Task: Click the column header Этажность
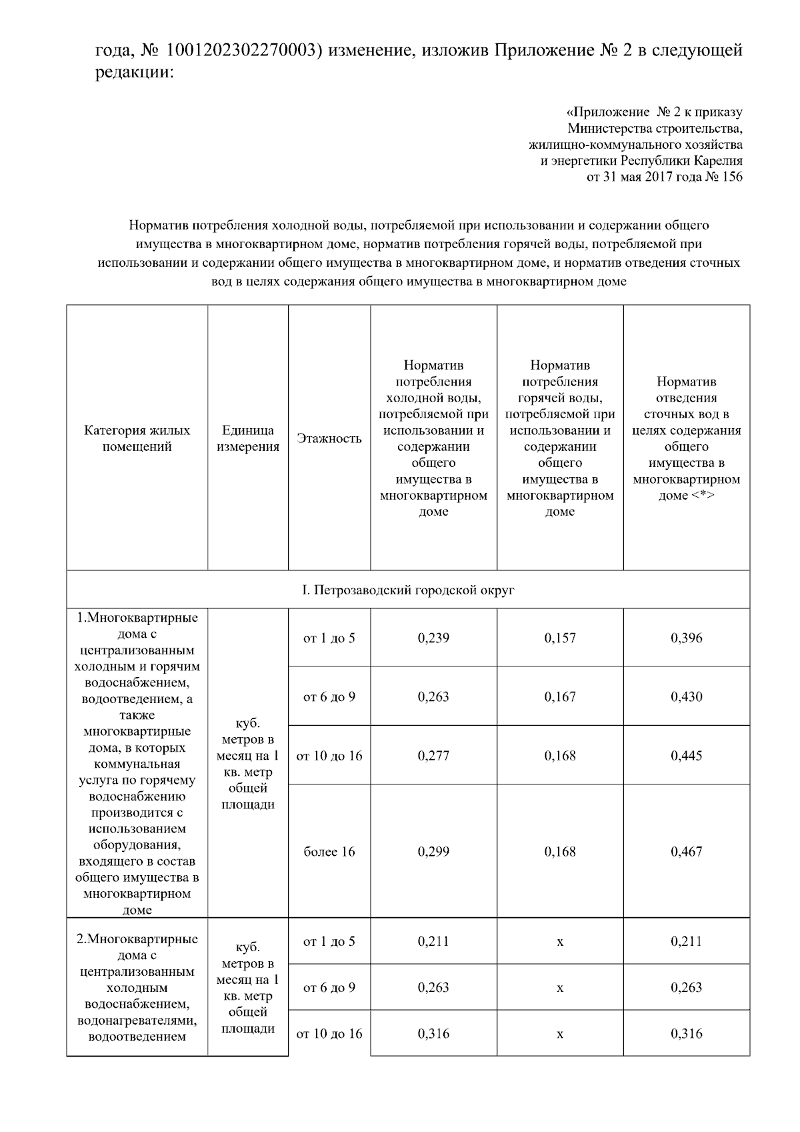click(329, 438)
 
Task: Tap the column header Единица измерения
click(248, 438)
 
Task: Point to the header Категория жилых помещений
click(137, 438)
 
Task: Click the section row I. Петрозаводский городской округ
click(408, 590)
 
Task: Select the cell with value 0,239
click(433, 638)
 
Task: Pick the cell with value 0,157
click(560, 638)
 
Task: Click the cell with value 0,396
click(687, 638)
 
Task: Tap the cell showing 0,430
click(687, 697)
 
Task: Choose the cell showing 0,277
click(433, 756)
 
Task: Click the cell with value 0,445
click(687, 756)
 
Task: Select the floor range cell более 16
click(329, 852)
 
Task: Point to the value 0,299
click(433, 852)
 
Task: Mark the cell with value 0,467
click(687, 852)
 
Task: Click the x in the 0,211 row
click(560, 942)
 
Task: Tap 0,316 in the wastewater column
click(687, 1034)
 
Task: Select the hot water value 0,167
click(560, 697)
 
